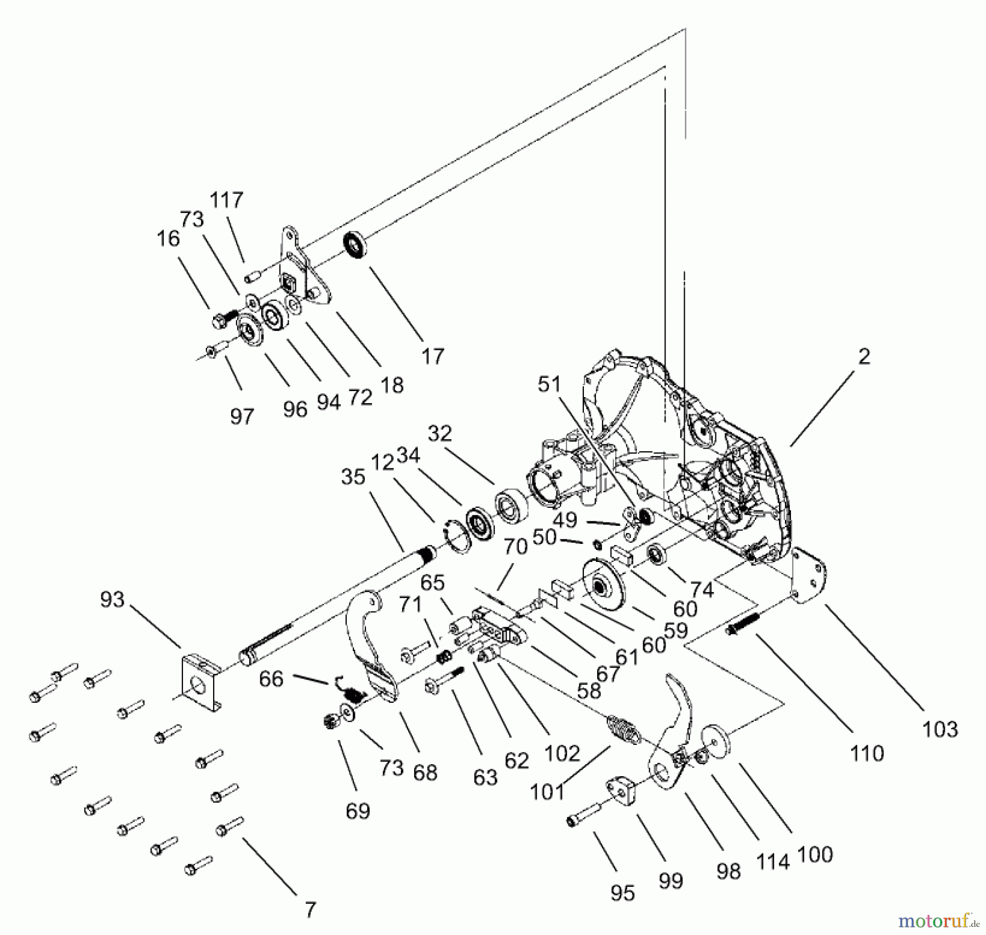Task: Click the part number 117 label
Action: pyautogui.click(x=226, y=200)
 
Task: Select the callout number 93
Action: pyautogui.click(x=112, y=599)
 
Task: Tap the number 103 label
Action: pyautogui.click(x=940, y=729)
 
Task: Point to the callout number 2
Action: pyautogui.click(x=864, y=357)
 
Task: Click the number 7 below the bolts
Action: pyautogui.click(x=311, y=910)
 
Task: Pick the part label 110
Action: pyautogui.click(x=867, y=754)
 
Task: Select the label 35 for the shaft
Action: pyautogui.click(x=353, y=477)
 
